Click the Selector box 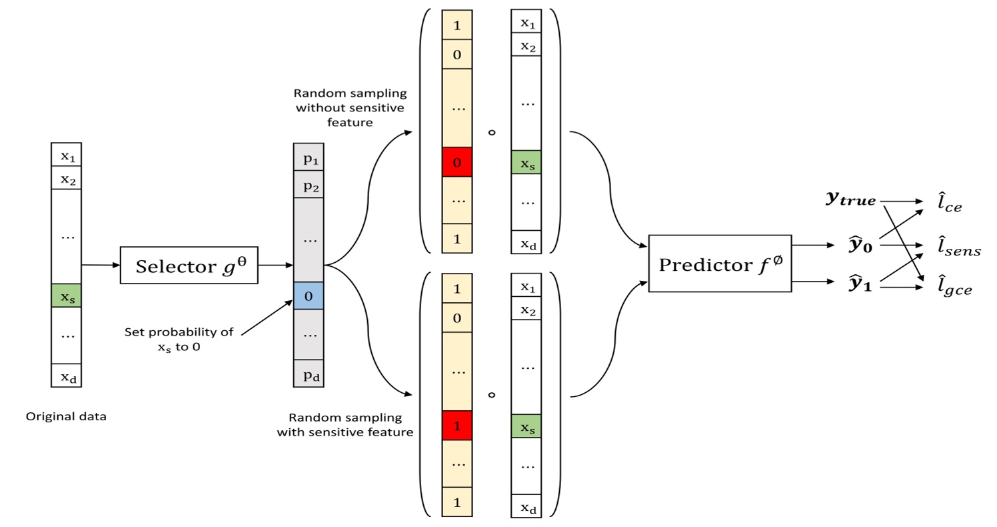tap(189, 266)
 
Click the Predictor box tap(720, 263)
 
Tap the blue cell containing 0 tap(309, 296)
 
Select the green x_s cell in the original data tap(66, 296)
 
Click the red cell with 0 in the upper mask tap(457, 162)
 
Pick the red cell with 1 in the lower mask tap(457, 426)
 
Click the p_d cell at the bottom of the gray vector tap(309, 374)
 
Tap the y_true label tap(850, 199)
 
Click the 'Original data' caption tap(66, 417)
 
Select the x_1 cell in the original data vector tap(66, 155)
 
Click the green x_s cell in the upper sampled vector tap(526, 162)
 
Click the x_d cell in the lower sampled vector tap(526, 506)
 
